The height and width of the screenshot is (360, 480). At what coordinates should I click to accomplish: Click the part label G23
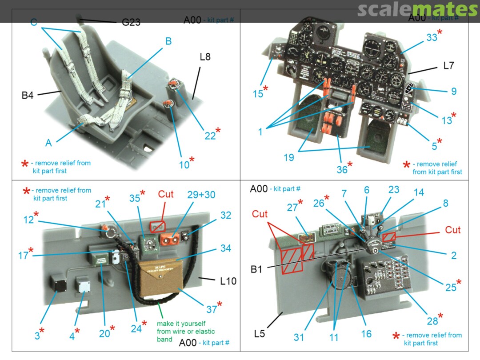pyautogui.click(x=131, y=22)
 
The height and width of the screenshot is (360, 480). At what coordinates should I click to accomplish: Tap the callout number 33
pyautogui.click(x=432, y=38)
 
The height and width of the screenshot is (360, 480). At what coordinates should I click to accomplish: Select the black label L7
pyautogui.click(x=448, y=66)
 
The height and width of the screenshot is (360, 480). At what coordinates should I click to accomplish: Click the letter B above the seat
pyautogui.click(x=168, y=41)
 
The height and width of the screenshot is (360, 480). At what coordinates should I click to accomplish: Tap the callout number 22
pyautogui.click(x=210, y=135)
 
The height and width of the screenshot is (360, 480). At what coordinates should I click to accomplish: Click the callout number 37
pyautogui.click(x=211, y=309)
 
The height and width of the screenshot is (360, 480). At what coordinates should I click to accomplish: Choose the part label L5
pyautogui.click(x=259, y=333)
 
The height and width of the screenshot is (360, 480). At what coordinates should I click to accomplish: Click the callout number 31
pyautogui.click(x=299, y=337)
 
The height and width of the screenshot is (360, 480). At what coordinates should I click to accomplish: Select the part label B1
pyautogui.click(x=256, y=269)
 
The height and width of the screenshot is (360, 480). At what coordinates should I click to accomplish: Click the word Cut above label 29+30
pyautogui.click(x=166, y=195)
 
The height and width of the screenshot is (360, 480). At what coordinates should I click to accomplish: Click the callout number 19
pyautogui.click(x=288, y=157)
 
